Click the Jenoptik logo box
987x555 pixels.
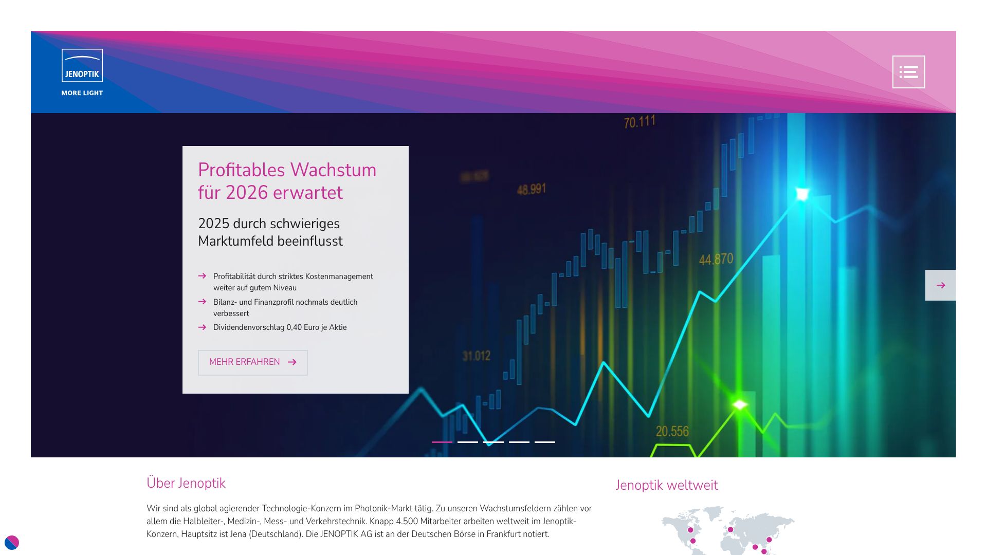click(x=82, y=65)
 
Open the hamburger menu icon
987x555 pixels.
click(x=908, y=72)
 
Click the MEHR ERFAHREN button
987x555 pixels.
click(x=253, y=362)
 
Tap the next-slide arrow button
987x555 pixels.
click(x=940, y=285)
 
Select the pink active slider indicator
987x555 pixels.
click(x=442, y=442)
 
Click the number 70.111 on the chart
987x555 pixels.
click(x=639, y=122)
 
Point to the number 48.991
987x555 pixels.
click(x=531, y=189)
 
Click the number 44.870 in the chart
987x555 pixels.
click(x=716, y=259)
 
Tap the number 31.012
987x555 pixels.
click(x=477, y=356)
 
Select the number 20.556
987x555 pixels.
click(x=672, y=431)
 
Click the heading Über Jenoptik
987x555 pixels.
click(x=186, y=483)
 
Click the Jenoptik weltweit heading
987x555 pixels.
click(x=667, y=485)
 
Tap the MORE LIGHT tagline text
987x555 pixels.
click(x=82, y=93)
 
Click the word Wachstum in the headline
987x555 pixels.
click(x=333, y=170)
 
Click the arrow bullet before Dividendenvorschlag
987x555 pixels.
click(x=202, y=327)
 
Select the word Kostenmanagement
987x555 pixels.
click(x=339, y=276)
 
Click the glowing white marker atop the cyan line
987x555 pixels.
click(x=802, y=194)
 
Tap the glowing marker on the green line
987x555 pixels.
click(x=740, y=405)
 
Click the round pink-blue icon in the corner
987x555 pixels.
click(x=11, y=542)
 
